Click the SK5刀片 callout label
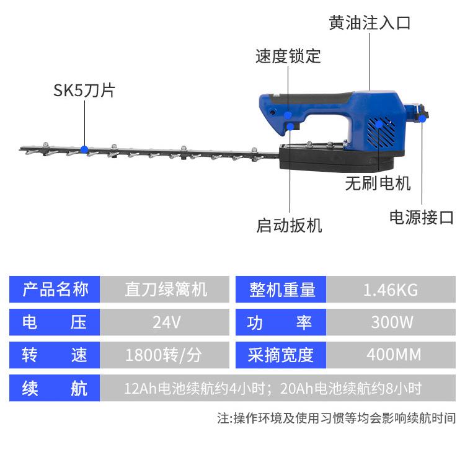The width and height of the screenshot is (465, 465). click(x=84, y=91)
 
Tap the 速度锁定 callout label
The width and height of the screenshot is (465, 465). click(x=288, y=56)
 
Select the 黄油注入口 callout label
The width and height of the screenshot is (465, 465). click(x=370, y=23)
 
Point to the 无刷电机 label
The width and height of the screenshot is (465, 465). click(x=378, y=184)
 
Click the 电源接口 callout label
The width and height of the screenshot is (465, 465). click(x=422, y=217)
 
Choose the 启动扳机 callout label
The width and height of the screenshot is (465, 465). click(x=290, y=224)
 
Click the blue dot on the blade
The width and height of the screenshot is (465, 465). click(x=84, y=149)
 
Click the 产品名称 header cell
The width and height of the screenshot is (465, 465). click(x=56, y=289)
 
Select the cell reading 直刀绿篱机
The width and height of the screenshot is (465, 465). click(x=166, y=289)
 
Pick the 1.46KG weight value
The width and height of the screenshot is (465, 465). click(x=391, y=289)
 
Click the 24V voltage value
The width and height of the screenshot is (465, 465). click(x=166, y=322)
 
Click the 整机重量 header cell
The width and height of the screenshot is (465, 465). click(x=282, y=289)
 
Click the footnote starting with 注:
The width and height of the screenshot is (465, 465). click(x=336, y=418)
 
